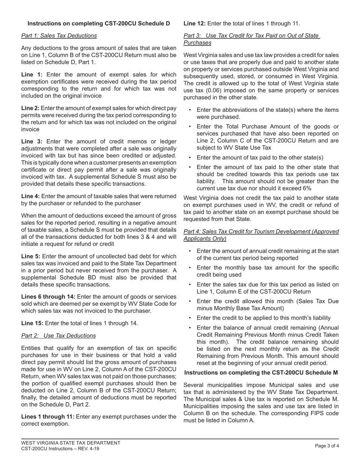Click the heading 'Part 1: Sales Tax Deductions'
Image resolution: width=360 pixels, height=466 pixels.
59,36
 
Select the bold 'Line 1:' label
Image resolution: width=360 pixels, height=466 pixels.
32,75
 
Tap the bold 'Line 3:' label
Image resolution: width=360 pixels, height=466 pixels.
32,141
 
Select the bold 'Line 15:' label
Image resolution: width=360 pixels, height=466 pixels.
32,323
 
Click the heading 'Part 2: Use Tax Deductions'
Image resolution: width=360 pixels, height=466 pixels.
58,336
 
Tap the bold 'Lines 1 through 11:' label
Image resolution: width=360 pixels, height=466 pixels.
48,417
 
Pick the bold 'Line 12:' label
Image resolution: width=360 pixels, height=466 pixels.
195,23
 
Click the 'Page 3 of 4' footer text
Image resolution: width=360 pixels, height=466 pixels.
327,446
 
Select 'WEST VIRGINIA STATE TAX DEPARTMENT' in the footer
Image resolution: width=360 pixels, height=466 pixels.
71,443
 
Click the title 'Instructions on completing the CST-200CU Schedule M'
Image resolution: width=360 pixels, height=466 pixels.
261,373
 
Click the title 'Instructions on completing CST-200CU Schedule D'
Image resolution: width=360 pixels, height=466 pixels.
99,23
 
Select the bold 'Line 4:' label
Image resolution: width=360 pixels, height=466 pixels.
30,196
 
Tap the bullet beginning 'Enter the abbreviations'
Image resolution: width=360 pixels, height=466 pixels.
267,113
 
